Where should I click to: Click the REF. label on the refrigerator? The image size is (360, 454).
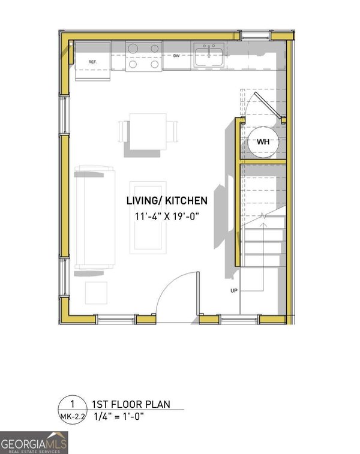point(92,62)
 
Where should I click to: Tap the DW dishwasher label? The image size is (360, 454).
point(176,56)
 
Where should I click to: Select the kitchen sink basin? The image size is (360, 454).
point(209,56)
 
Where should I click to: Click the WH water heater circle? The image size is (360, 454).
point(263,142)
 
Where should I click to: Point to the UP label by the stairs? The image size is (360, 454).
point(234,291)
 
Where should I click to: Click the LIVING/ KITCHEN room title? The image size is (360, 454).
point(167,201)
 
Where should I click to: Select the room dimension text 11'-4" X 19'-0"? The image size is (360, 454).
point(167,217)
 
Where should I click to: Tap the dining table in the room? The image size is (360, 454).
point(148,132)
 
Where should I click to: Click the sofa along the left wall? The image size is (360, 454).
point(95,218)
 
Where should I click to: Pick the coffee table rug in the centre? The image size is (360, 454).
point(148,218)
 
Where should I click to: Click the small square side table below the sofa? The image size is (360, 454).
point(96,293)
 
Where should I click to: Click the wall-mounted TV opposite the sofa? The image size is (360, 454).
point(231,203)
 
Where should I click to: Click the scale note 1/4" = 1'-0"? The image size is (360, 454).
point(119,417)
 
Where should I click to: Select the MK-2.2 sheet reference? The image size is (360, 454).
point(73,417)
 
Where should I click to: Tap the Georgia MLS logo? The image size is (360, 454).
point(34,443)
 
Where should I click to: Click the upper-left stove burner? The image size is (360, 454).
point(133,49)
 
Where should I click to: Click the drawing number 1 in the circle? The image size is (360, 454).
point(73,404)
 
